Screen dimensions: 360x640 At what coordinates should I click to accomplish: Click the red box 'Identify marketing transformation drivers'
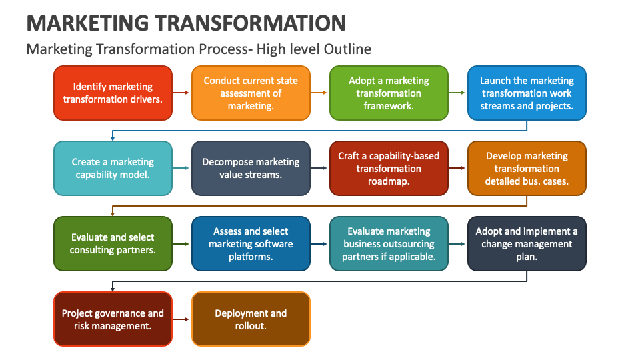pos(113,93)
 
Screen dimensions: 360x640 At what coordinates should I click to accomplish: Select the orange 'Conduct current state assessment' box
pos(251,93)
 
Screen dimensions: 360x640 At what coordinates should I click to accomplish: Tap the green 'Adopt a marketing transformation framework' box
pos(389,93)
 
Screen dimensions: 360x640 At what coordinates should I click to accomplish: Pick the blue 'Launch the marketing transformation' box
pos(527,93)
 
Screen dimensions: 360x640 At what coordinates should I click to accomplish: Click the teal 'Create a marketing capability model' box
pos(113,168)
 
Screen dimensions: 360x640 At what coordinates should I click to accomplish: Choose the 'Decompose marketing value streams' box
pos(251,168)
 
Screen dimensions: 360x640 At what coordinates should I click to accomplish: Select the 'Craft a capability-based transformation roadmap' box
pos(389,168)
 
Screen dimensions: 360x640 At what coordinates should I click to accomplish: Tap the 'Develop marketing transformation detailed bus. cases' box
pos(527,168)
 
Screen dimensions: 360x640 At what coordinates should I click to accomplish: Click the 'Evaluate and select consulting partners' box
pos(113,243)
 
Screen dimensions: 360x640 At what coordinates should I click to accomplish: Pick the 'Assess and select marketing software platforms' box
pos(251,243)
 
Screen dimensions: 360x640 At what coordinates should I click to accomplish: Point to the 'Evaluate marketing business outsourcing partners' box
pos(389,243)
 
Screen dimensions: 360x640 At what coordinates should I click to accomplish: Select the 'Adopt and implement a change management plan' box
pos(527,243)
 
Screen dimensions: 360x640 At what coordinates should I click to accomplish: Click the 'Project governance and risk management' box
pos(113,319)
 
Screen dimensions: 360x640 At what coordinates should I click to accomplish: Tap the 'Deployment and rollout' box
pos(251,319)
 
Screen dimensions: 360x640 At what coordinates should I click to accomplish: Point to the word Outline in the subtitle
pos(349,49)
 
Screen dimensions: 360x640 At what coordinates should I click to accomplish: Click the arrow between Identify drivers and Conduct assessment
pos(181,93)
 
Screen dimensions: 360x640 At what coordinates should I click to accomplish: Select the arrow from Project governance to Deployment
pos(181,319)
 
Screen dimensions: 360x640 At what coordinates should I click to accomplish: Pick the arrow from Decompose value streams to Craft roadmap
pos(320,169)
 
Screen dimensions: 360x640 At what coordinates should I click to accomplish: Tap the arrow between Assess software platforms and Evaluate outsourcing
pos(320,244)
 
